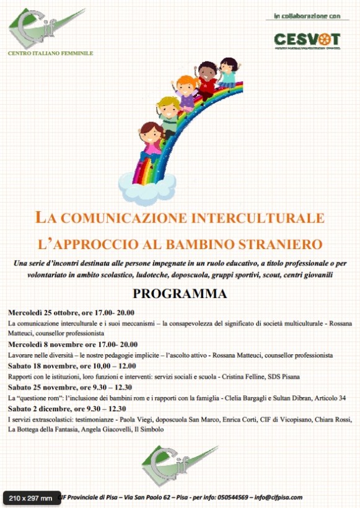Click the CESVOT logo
coord(307,40)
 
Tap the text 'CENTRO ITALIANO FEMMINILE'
coord(50,53)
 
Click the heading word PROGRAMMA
coord(180,294)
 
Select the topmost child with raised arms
coord(227,71)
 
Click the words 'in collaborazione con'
coord(307,15)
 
